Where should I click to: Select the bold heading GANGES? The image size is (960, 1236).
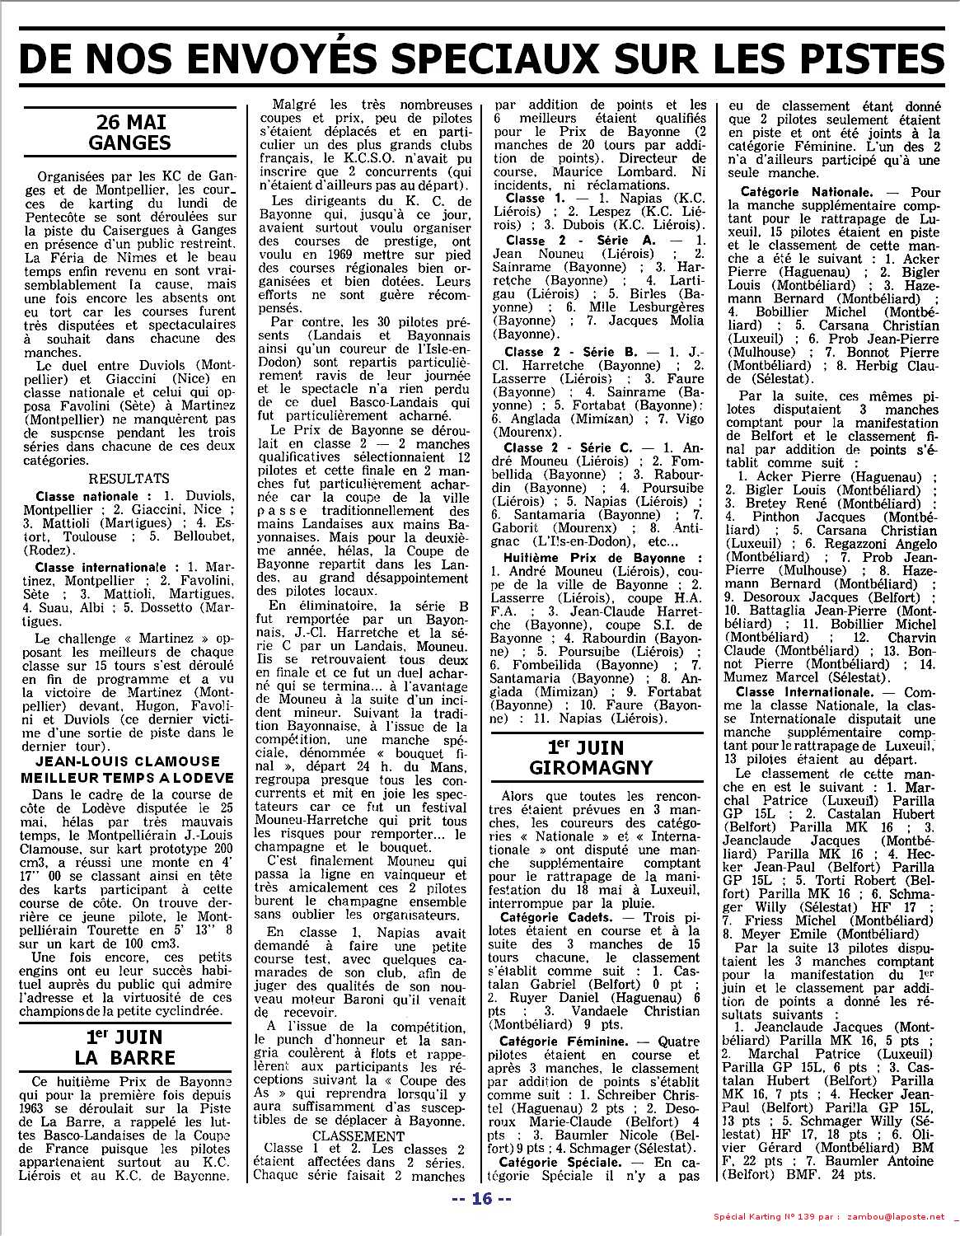tap(131, 142)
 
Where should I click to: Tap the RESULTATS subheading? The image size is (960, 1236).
tap(129, 478)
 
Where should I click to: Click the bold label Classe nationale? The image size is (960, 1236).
tap(92, 497)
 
